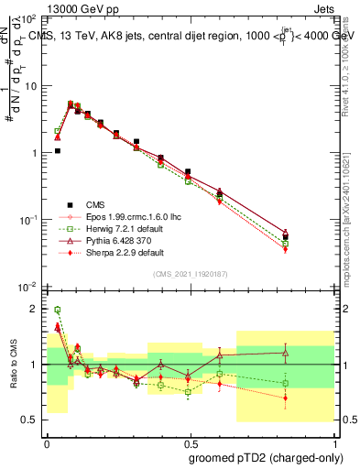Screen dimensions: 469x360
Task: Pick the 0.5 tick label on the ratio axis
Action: pos(31,420)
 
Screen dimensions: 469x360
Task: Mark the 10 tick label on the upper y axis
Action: pos(30,86)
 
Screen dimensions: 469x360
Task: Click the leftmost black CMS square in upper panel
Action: pos(57,151)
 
